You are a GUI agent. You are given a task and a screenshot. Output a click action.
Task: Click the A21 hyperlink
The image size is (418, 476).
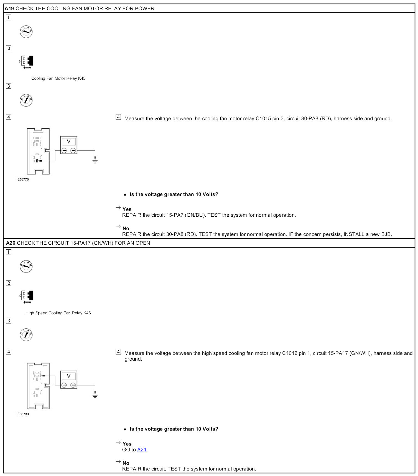142,450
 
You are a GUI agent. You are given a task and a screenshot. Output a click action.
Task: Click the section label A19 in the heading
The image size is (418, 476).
9,9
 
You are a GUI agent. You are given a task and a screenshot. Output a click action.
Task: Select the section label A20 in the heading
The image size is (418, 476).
11,243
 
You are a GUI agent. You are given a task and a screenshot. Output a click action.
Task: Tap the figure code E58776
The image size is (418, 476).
23,179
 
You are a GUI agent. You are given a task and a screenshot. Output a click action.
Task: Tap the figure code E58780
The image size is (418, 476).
23,414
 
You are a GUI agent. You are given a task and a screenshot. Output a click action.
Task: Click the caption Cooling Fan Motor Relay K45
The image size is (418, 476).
58,78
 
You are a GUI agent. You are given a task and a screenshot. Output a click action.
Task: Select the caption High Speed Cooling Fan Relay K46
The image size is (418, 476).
58,313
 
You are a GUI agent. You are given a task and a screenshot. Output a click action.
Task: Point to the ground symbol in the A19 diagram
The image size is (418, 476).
95,160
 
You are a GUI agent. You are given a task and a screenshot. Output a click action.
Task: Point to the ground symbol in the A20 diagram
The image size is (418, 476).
95,395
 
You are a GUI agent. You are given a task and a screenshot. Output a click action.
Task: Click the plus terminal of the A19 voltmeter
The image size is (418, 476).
64,151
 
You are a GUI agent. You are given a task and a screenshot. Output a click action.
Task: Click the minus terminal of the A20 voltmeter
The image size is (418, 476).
73,385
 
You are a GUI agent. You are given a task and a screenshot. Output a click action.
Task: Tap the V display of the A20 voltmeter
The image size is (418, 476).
69,376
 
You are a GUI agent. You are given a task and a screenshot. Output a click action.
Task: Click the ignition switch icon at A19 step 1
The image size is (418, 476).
26,32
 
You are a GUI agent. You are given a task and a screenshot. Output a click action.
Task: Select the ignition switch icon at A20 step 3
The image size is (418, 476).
26,335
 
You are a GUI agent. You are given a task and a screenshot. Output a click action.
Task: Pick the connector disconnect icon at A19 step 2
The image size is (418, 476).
27,62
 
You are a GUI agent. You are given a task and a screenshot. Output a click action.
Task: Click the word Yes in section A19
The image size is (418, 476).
127,209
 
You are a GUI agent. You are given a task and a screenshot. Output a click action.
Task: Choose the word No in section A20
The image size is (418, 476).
126,463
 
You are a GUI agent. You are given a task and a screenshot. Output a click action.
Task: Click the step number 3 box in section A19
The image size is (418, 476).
9,86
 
